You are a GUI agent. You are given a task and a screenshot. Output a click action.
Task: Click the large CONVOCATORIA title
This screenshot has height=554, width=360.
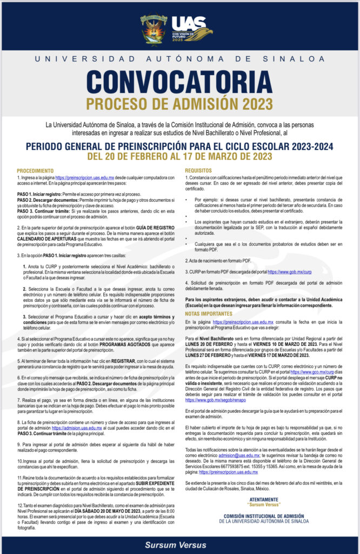click(180, 81)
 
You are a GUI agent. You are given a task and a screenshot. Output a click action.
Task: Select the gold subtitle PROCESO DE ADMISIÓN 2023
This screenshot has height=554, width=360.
click(180, 103)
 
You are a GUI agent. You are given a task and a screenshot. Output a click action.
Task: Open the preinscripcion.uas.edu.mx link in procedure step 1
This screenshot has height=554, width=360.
click(84, 177)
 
